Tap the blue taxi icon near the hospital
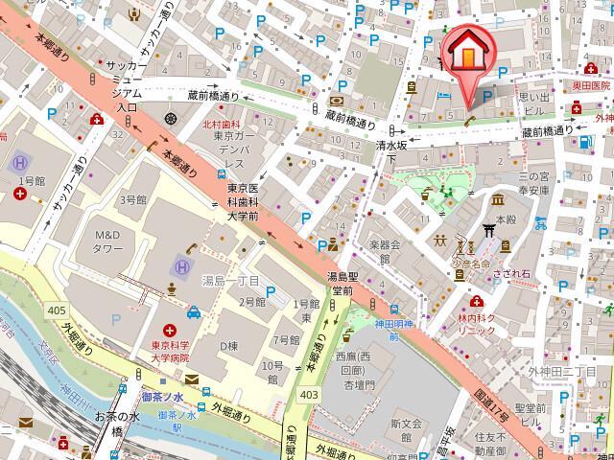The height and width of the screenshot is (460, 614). [195, 312]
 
